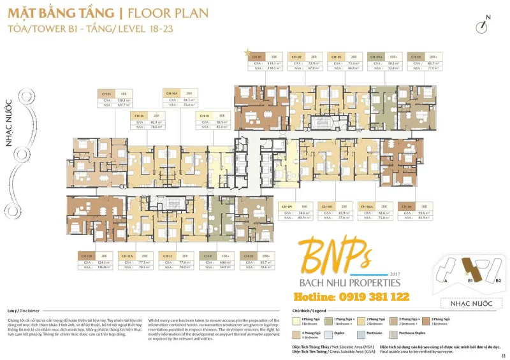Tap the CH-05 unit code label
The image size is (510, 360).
pos(415,57)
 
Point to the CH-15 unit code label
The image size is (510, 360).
pos(106,94)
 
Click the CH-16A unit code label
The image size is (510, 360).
pos(171,92)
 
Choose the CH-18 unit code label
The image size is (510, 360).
pos(205,116)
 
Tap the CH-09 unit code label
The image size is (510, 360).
pos(288,207)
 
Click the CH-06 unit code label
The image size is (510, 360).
pos(407,207)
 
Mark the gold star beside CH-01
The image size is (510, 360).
pos(247,50)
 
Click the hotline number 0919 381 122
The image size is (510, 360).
pos(351,297)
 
